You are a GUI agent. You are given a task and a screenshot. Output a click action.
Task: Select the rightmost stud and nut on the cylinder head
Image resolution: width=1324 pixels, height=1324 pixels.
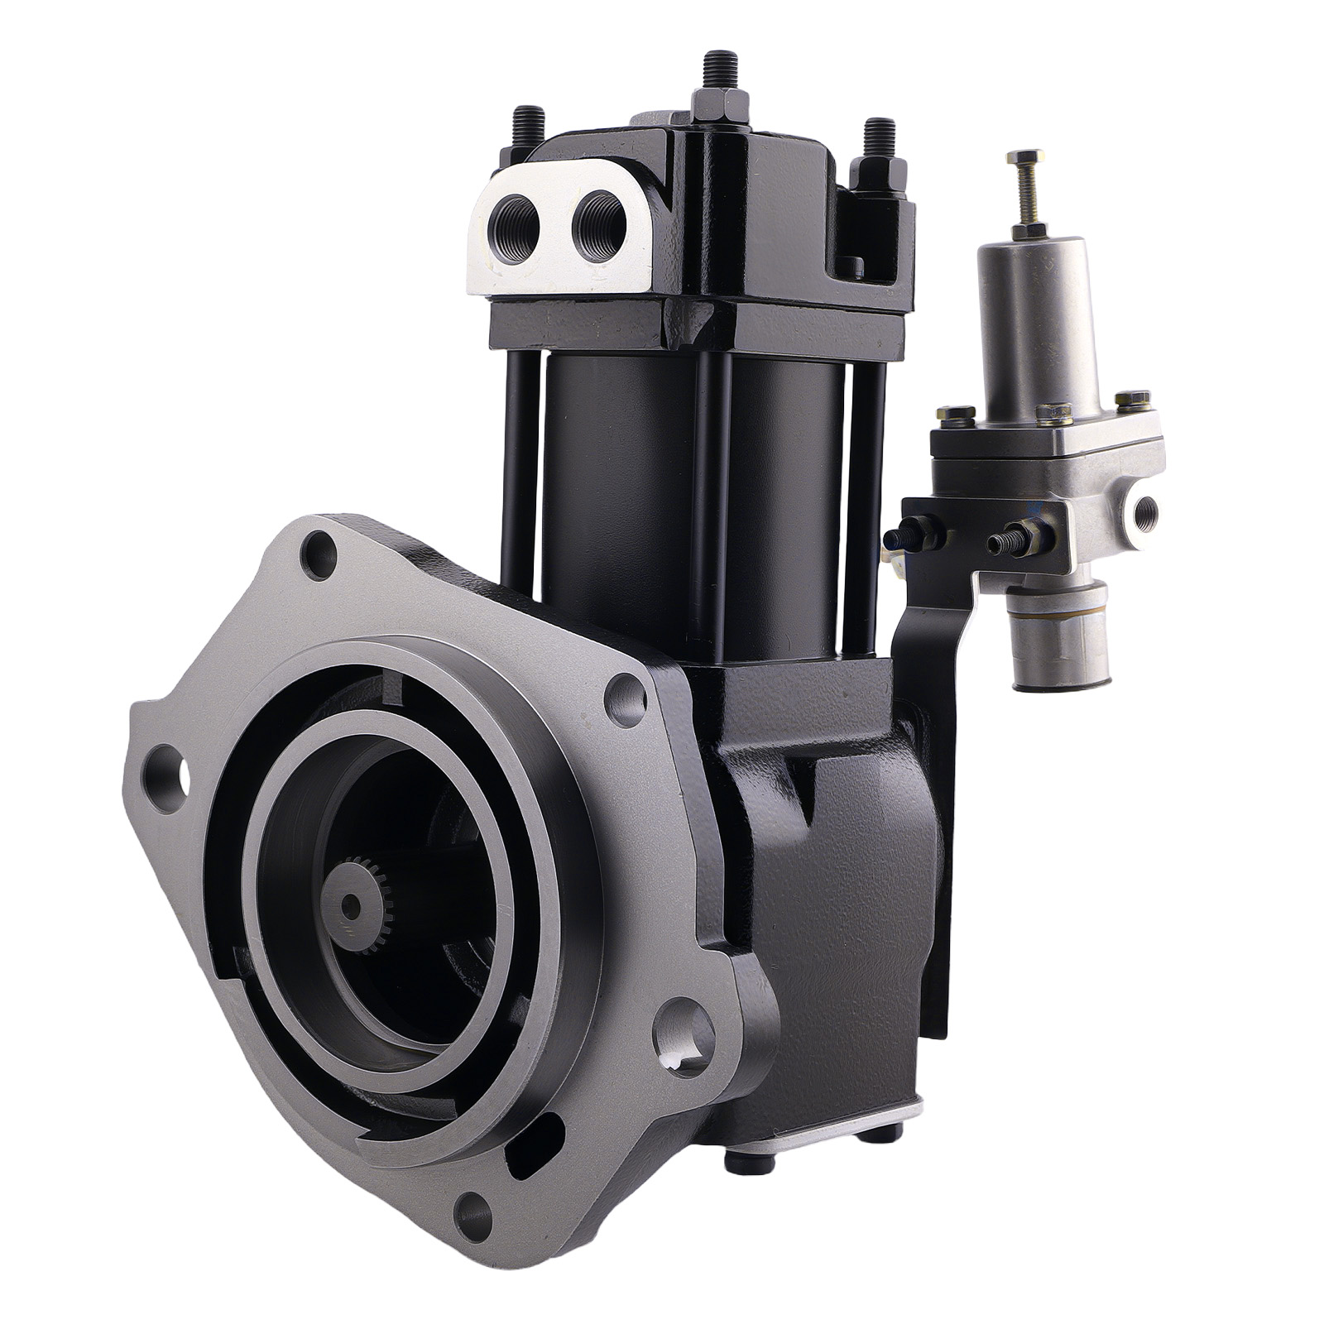[879, 157]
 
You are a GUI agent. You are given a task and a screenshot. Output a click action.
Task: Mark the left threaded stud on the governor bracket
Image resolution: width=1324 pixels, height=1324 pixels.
[906, 538]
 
